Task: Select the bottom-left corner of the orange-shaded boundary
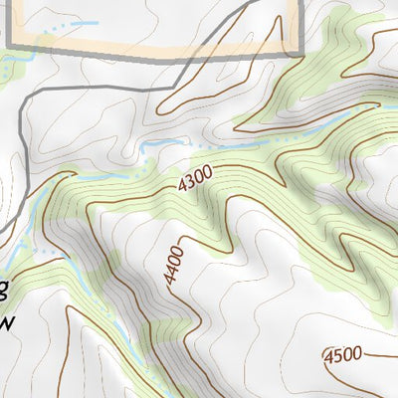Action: click(10, 45)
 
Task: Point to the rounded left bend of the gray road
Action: click(24, 95)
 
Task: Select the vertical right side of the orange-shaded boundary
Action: click(298, 25)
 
